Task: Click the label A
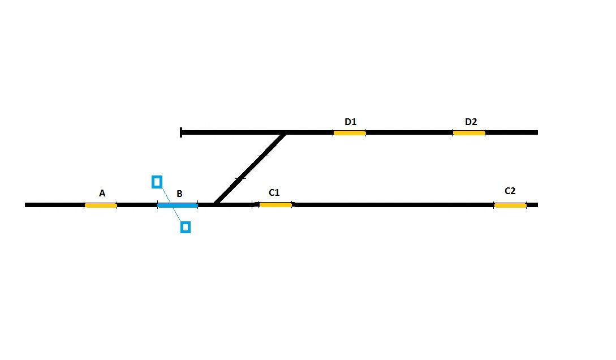102,194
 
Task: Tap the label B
179,194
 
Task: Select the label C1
274,192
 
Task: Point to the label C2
510,191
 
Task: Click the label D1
351,122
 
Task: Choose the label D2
471,122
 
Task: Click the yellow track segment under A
101,205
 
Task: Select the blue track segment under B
178,205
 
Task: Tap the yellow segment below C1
276,205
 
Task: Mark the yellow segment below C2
510,205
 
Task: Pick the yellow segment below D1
350,133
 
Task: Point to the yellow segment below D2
469,133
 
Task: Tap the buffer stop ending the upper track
180,132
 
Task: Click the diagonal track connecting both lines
250,169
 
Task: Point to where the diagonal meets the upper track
285,134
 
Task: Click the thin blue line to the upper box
165,195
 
